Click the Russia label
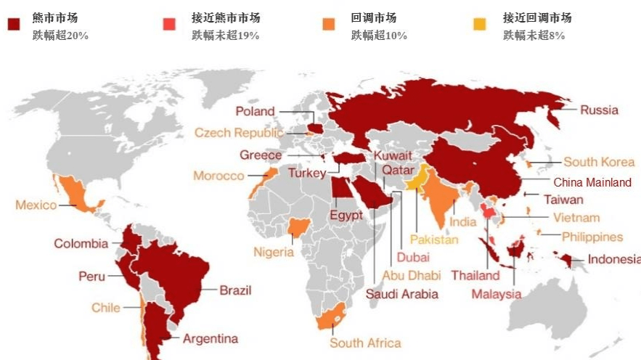[599, 110]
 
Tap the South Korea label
[599, 162]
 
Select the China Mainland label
[592, 183]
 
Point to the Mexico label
[36, 205]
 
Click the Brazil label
[235, 290]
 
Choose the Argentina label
[210, 338]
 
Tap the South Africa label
[365, 343]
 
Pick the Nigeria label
[274, 252]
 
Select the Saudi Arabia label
[401, 294]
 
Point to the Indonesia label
[613, 259]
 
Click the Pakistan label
[434, 239]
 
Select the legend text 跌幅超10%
[379, 36]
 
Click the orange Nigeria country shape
[298, 229]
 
